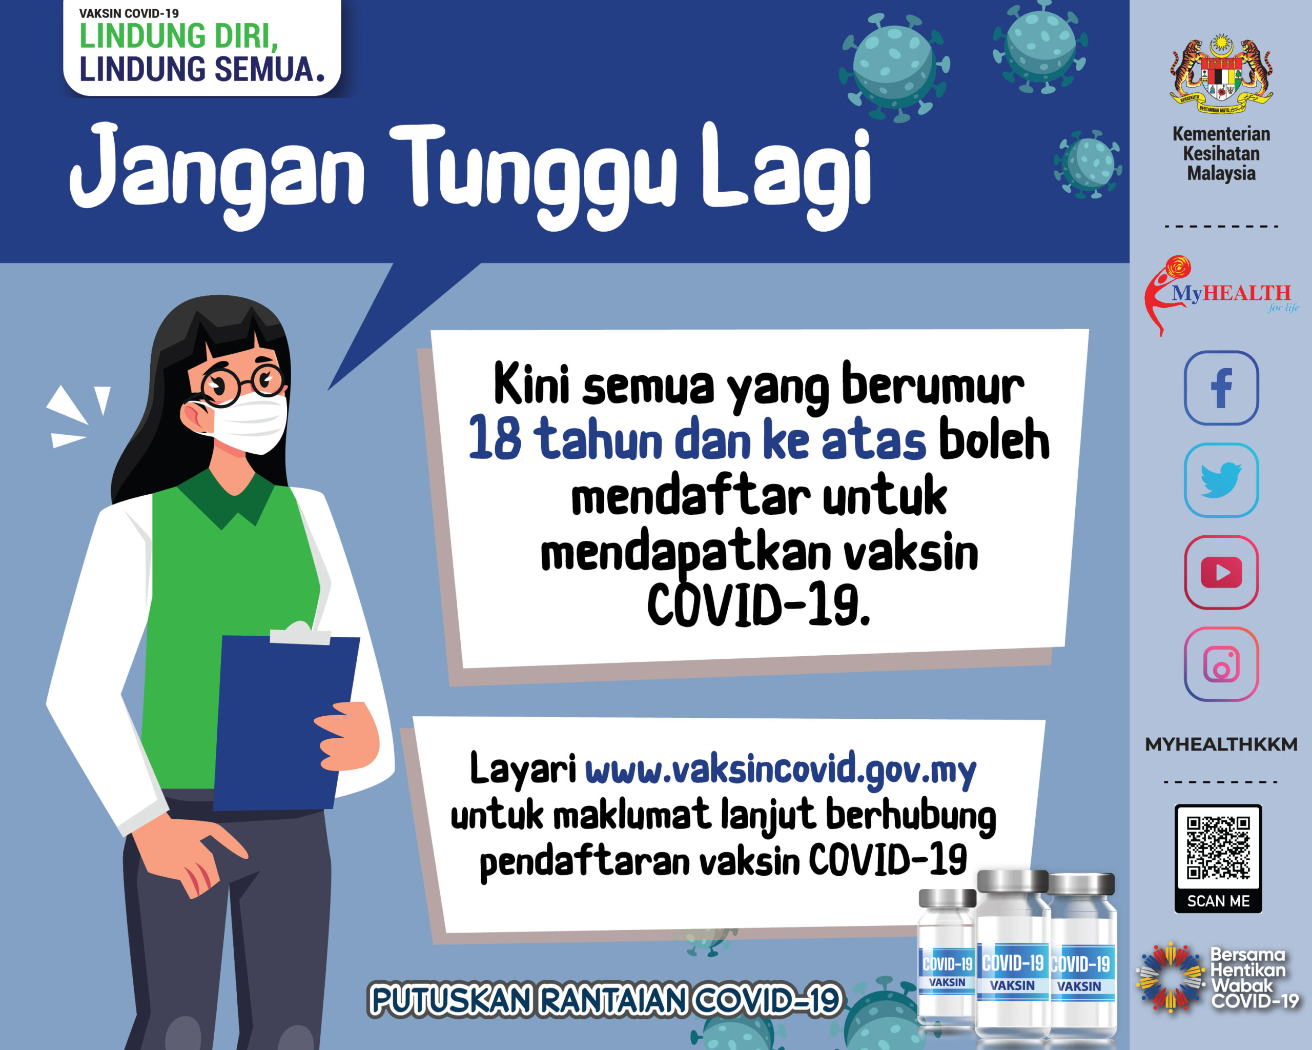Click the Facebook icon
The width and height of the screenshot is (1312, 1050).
tap(1221, 388)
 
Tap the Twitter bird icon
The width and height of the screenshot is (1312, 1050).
tap(1221, 480)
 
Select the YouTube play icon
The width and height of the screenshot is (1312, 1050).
tap(1221, 572)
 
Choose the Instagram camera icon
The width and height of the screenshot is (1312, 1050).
tap(1221, 664)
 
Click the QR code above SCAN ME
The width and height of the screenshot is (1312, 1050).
tap(1218, 849)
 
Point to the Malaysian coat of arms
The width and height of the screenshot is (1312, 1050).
tap(1221, 76)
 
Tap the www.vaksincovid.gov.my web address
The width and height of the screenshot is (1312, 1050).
tap(780, 770)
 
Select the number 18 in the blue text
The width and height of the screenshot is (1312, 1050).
tap(495, 438)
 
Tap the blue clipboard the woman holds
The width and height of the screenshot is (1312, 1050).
tap(283, 721)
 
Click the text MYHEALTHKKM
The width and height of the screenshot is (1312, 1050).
tap(1221, 744)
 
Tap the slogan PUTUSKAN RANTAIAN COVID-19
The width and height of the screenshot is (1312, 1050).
tap(605, 999)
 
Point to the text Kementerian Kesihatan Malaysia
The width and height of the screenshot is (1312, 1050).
tap(1221, 153)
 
